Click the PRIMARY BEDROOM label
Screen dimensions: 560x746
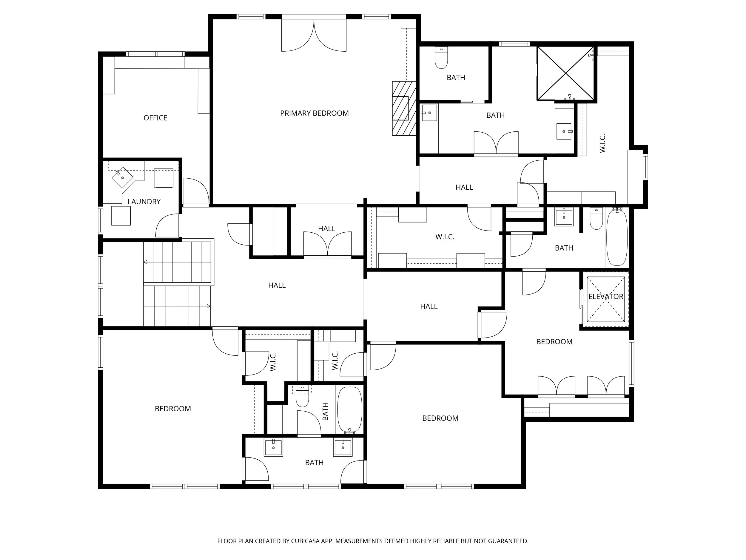coord(314,113)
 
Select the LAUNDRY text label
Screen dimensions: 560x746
coord(144,202)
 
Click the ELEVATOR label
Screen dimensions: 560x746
coord(606,297)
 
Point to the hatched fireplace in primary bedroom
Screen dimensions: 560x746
coord(404,108)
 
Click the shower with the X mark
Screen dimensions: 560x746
coord(565,73)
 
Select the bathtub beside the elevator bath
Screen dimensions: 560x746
coord(617,237)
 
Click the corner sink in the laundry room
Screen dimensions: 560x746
coord(122,177)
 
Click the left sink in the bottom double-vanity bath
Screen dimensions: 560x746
coord(273,448)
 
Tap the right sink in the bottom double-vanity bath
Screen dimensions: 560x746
coord(343,448)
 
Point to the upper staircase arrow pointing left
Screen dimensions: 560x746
coord(146,262)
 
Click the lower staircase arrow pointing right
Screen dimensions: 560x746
coord(208,306)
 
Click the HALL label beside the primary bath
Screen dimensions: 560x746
coord(464,188)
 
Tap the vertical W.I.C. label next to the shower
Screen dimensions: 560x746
coord(603,143)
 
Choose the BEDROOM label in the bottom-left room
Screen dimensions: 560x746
coord(173,409)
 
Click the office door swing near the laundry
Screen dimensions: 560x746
coord(195,191)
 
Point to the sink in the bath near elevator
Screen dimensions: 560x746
coord(564,217)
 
